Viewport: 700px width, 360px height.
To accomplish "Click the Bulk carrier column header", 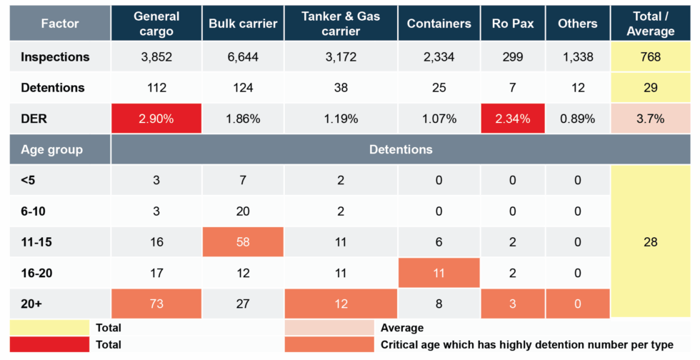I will click(243, 24).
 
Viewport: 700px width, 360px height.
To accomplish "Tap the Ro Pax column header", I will click(512, 24).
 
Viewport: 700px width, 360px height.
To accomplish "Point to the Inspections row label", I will click(55, 57).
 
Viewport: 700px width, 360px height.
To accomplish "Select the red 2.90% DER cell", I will click(156, 119).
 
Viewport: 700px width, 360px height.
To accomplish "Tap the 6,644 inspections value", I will click(243, 57).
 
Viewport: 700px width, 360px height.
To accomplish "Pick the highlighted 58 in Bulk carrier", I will click(243, 242).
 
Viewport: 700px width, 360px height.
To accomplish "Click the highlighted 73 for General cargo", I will click(156, 304).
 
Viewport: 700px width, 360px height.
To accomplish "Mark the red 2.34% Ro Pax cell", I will click(512, 119).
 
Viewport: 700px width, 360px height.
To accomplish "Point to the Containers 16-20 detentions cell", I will click(439, 273).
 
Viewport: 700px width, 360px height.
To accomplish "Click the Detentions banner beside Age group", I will click(400, 150).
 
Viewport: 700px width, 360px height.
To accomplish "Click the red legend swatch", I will click(48, 345).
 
